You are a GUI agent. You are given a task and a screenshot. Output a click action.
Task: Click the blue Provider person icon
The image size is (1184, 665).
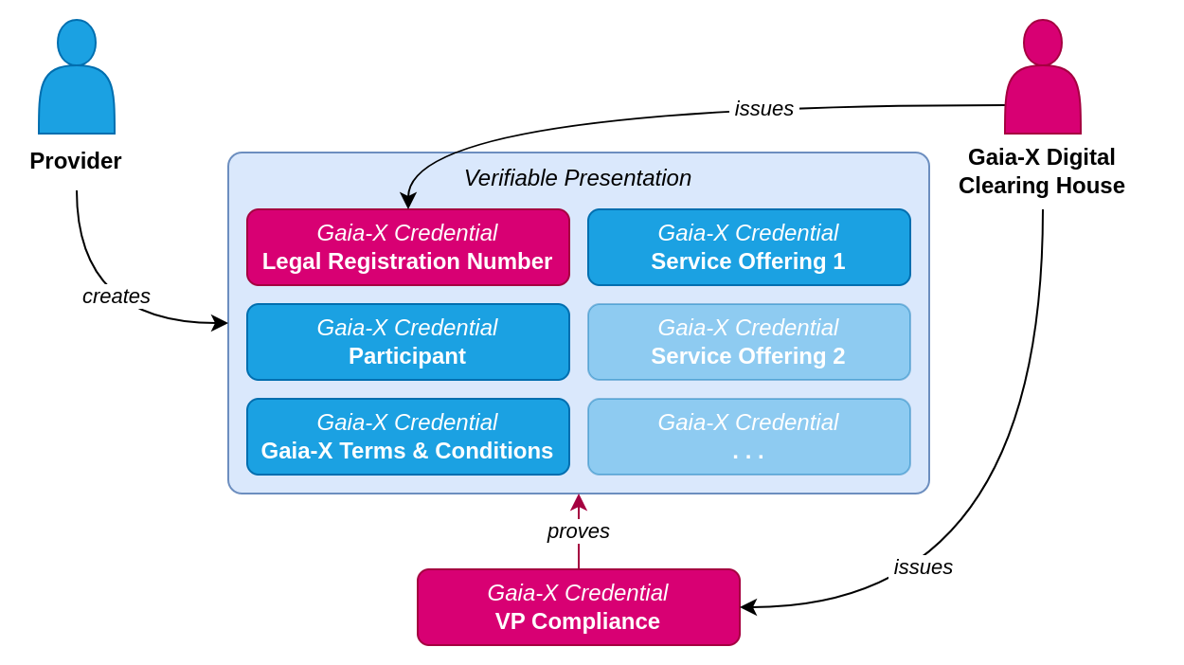point(77,80)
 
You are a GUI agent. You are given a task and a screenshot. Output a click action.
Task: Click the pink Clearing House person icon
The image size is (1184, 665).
point(1043,80)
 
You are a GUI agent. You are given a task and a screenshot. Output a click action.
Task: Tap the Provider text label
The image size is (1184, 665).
point(76,161)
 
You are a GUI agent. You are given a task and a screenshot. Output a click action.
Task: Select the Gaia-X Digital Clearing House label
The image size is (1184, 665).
point(1042,171)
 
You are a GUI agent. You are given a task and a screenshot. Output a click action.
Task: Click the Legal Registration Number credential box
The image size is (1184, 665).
point(408,247)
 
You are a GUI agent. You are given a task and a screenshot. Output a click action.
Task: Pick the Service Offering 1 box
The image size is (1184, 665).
point(749,247)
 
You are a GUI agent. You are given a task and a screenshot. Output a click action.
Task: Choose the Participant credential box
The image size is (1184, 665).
point(408,342)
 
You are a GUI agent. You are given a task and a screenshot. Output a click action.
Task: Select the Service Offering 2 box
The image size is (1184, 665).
point(749,342)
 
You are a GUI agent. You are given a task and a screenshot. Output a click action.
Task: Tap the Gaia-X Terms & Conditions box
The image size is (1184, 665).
point(408,437)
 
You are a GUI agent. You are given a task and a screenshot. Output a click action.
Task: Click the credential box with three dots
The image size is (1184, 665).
point(749,437)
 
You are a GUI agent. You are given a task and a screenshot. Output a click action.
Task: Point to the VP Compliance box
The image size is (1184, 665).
point(579,607)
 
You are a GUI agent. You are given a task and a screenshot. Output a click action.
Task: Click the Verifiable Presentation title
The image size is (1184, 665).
point(578,178)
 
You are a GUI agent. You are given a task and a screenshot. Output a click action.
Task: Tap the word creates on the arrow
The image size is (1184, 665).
point(117,297)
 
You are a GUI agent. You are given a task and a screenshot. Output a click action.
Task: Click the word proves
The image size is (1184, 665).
point(579,531)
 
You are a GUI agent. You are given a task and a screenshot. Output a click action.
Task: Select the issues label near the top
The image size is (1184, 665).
point(764,109)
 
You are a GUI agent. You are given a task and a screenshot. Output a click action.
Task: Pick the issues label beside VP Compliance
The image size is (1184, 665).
point(924,567)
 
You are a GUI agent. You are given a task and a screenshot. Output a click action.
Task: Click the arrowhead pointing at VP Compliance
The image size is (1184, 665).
point(748,607)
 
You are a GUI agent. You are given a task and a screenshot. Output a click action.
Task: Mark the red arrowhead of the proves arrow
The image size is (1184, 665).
point(579,502)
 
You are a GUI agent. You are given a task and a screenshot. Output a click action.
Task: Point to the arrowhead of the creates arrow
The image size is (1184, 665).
point(220,323)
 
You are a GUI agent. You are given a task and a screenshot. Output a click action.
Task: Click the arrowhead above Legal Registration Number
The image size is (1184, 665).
point(408,201)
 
